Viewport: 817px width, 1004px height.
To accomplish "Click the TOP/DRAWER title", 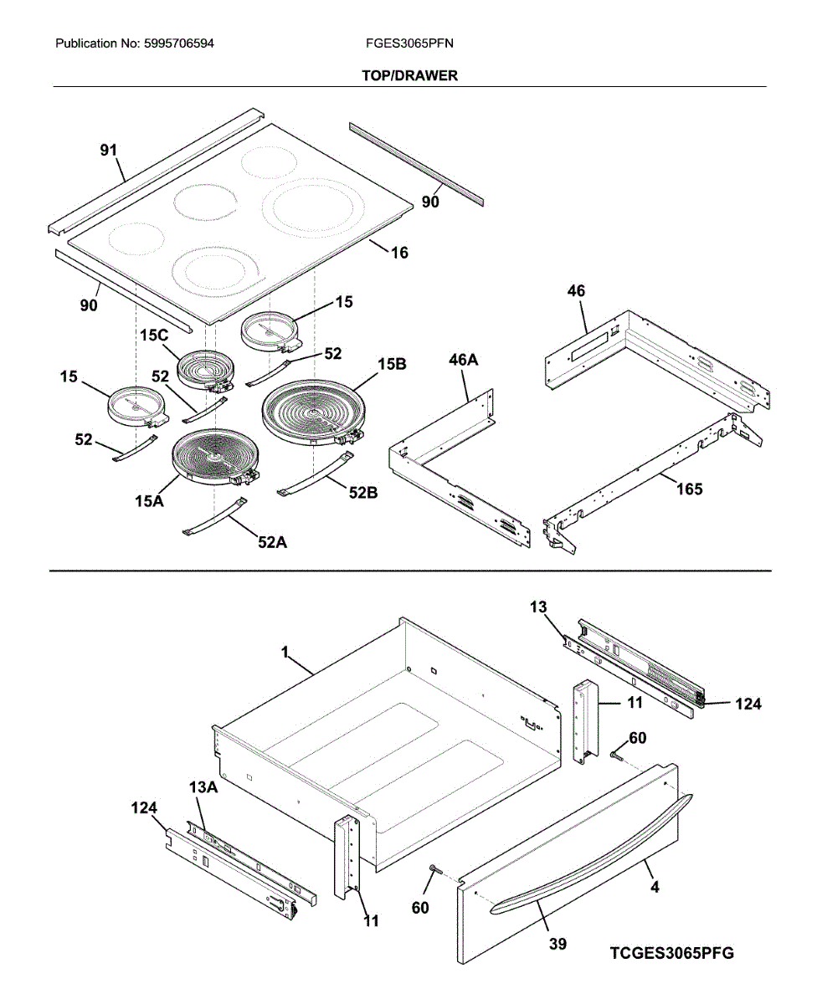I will click(409, 75).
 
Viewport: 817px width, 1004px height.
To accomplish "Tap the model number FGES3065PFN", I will click(409, 44).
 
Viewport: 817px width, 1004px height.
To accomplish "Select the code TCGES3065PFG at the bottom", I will click(671, 953).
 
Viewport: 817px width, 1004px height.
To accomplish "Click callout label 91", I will click(109, 151).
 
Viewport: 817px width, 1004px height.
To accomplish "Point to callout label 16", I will click(400, 253).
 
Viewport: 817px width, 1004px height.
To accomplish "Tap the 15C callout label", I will click(154, 336).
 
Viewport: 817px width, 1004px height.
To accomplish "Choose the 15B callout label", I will click(392, 365).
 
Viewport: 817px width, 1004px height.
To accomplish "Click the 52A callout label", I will click(272, 542).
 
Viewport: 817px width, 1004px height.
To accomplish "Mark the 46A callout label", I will click(463, 360).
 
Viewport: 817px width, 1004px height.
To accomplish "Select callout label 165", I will click(690, 489).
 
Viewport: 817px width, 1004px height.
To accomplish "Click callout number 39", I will click(558, 944).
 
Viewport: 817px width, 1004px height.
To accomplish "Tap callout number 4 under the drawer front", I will click(655, 888).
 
